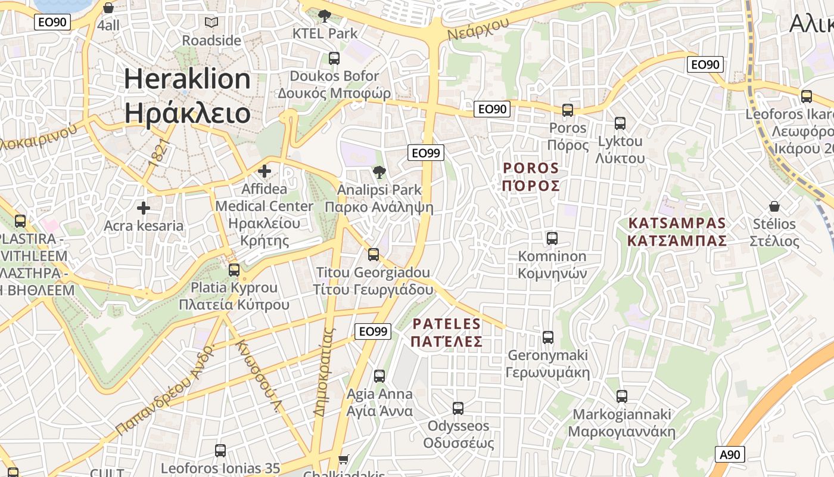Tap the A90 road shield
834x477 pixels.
tap(730, 455)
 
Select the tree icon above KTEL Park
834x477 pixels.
tap(325, 16)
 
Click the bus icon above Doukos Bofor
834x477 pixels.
tap(334, 58)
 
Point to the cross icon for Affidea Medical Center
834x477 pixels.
tap(264, 172)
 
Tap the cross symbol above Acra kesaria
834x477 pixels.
tap(143, 208)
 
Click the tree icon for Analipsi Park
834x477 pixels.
tap(379, 173)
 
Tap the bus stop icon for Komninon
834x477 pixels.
tap(552, 238)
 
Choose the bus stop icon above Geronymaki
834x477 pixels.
tap(548, 337)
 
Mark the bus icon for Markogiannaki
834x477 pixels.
tap(622, 397)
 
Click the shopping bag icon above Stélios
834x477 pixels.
tap(774, 206)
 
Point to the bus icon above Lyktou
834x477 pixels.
tap(620, 123)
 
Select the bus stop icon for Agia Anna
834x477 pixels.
tap(379, 376)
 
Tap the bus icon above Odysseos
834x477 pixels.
tap(458, 408)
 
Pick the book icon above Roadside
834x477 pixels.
tap(211, 23)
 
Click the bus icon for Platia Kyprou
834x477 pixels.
tap(234, 270)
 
